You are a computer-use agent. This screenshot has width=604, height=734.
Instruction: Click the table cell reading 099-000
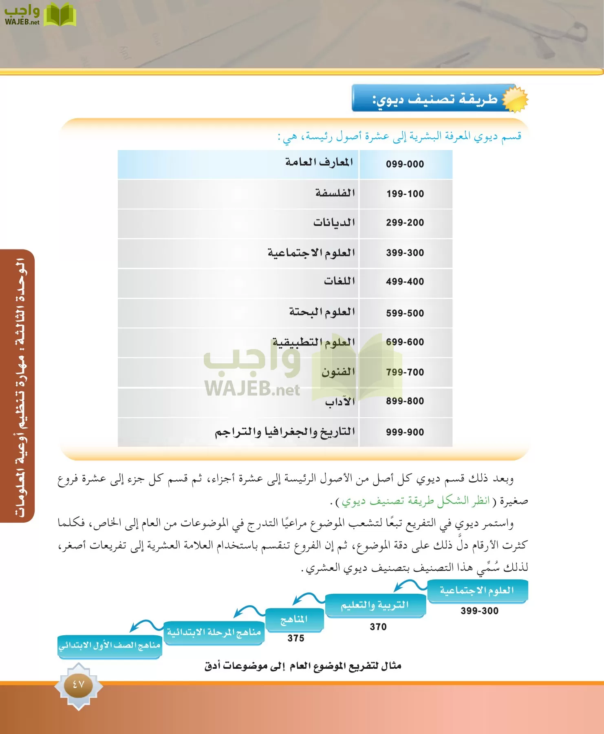click(x=405, y=164)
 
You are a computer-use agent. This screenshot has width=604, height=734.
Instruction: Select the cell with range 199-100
click(x=405, y=194)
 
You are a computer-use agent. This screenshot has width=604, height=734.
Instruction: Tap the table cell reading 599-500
click(x=405, y=313)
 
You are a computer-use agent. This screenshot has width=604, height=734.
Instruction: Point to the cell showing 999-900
click(x=405, y=432)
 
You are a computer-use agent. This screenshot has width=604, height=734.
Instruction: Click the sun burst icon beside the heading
click(x=515, y=98)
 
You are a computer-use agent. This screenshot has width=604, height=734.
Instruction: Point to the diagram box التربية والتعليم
click(x=375, y=606)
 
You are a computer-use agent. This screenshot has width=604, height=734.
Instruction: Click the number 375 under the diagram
click(x=296, y=639)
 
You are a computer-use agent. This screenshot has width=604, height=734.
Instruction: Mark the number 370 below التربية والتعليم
click(x=378, y=627)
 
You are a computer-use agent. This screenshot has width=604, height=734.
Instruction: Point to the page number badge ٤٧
click(x=78, y=685)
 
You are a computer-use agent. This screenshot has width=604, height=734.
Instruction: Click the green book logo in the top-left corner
click(x=60, y=15)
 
